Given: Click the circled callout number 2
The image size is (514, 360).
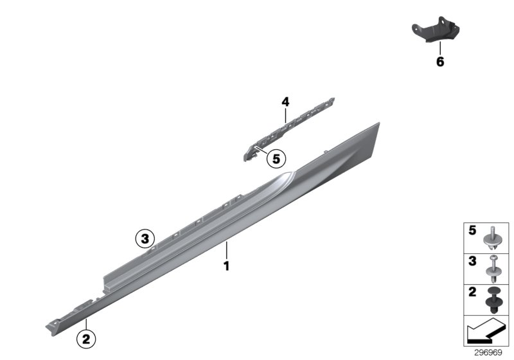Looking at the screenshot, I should pos(86,336).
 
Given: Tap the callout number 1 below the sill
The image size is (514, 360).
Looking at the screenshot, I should pos(226,264).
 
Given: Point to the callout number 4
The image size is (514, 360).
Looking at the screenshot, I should pos(285,101).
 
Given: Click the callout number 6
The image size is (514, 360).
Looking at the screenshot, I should pos(440,62).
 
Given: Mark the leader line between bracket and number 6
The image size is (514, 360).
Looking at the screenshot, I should pos(440,50).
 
